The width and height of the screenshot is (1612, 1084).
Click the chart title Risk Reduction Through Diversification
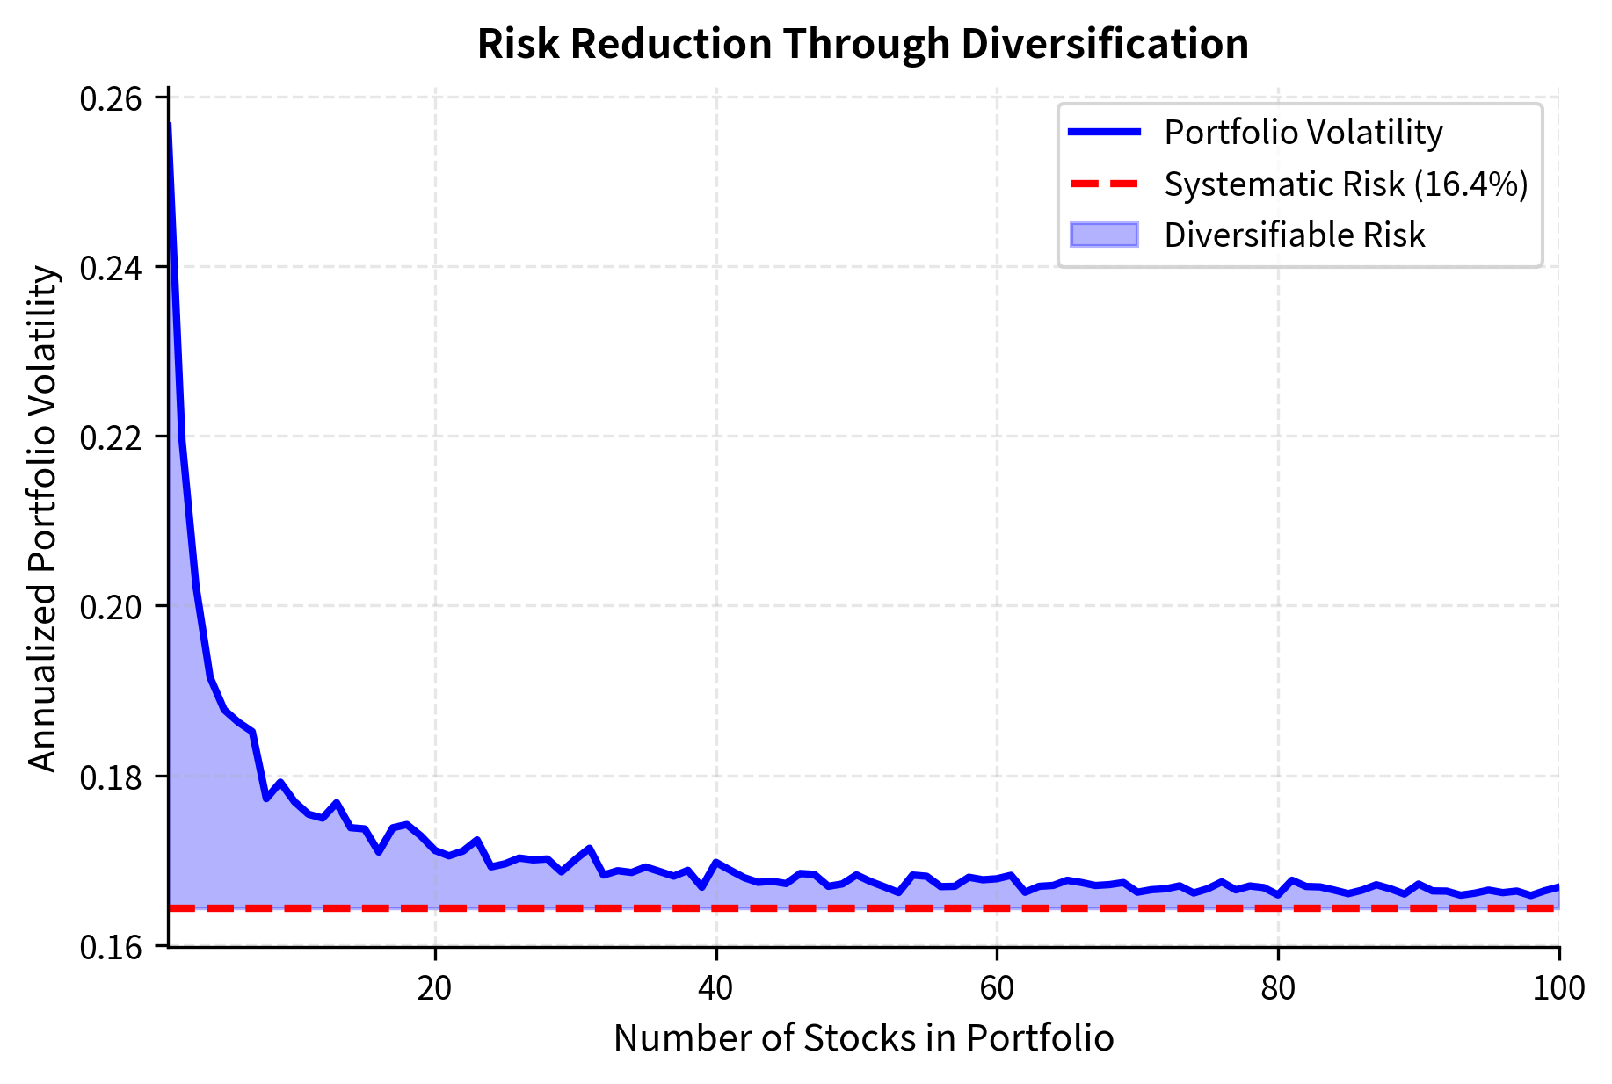(862, 44)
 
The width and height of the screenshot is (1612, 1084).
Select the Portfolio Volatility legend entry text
(1303, 133)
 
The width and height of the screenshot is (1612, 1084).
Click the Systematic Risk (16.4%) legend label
(1346, 184)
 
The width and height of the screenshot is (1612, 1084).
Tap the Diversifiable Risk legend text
(1294, 235)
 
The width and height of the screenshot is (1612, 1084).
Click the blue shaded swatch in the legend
(1104, 235)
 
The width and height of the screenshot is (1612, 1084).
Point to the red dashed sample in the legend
(1104, 184)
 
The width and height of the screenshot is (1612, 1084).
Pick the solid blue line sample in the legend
(1104, 133)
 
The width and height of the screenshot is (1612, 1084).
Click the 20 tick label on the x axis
(434, 988)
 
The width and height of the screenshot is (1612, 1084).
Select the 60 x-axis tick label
(997, 988)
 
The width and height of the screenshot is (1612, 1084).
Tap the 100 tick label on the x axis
(1558, 988)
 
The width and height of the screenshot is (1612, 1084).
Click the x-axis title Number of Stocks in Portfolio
(863, 1038)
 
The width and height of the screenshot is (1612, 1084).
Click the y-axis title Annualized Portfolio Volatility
(42, 519)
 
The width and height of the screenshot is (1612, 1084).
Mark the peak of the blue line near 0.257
(169, 125)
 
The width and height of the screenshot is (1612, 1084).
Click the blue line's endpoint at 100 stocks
(1558, 886)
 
